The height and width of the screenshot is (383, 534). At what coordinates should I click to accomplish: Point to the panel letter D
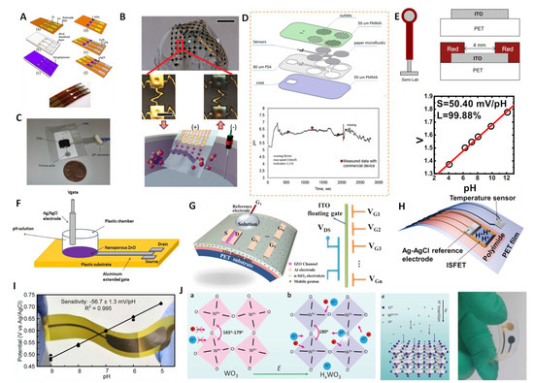click(x=248, y=10)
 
